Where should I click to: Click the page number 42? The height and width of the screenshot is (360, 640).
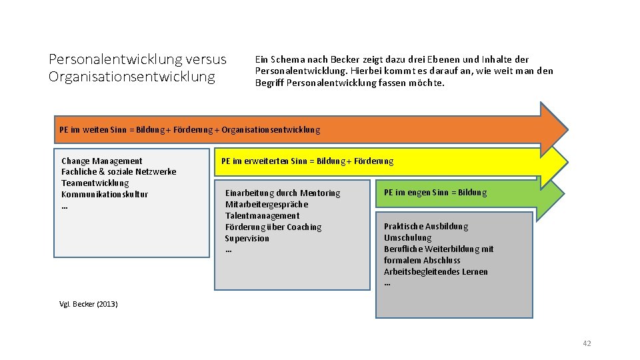[587, 343]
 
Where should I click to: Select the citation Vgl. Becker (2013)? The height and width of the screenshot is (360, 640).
[88, 304]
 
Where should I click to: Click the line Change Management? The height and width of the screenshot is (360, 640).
[101, 161]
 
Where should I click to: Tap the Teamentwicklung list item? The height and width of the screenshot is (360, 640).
[95, 183]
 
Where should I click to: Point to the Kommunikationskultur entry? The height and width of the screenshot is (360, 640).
[105, 194]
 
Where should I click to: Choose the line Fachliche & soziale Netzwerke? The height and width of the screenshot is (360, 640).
[119, 171]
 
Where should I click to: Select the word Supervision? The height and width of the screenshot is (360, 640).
[247, 238]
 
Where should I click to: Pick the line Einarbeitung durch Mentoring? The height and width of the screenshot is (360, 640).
[283, 193]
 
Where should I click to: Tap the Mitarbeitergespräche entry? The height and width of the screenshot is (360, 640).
[267, 204]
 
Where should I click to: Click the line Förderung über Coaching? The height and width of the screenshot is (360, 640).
[273, 227]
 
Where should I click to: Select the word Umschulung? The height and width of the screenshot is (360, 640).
[407, 237]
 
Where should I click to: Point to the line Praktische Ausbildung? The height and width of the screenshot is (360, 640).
[426, 226]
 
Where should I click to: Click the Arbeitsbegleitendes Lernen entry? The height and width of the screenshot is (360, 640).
[435, 271]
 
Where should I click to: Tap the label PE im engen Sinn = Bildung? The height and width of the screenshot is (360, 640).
[435, 193]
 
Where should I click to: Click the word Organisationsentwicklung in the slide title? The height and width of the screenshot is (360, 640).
[132, 76]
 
